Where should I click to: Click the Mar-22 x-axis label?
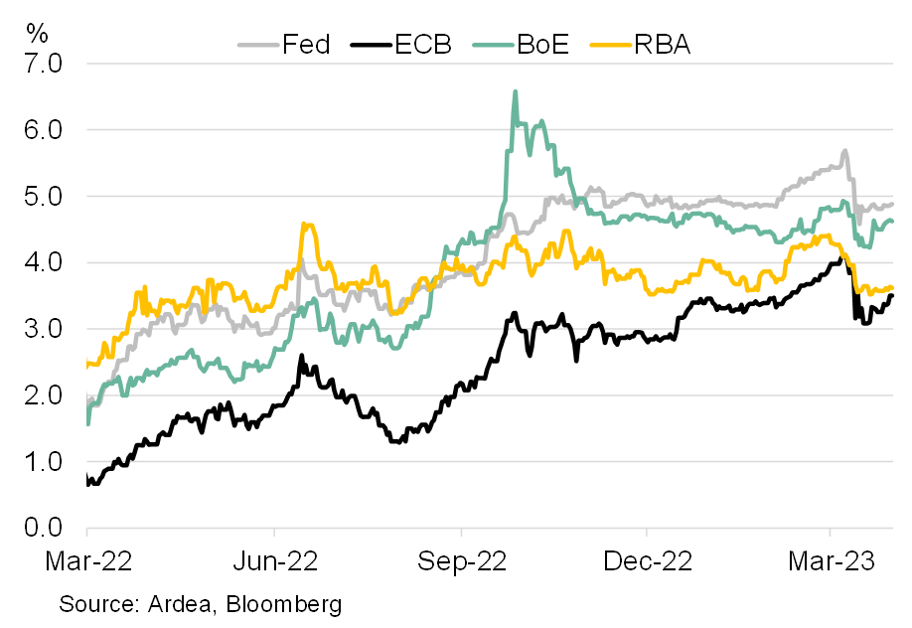pos(88,561)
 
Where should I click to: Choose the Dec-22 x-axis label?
pos(647,561)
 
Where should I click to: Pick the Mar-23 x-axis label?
pos(833,561)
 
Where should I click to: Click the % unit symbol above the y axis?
pos(38,32)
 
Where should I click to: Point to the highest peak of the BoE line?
pos(515,91)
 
